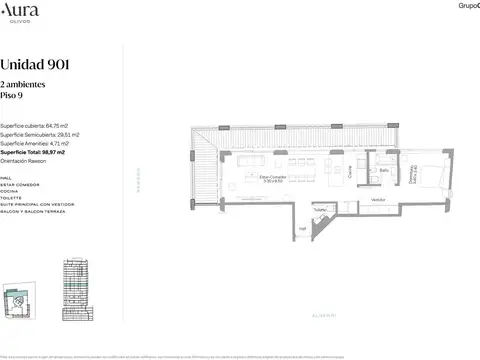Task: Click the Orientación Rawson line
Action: (x=26, y=161)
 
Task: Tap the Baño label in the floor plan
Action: (x=383, y=170)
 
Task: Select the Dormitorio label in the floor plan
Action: (x=415, y=174)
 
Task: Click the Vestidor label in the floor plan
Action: (x=378, y=199)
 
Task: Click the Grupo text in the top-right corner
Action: (x=467, y=6)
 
